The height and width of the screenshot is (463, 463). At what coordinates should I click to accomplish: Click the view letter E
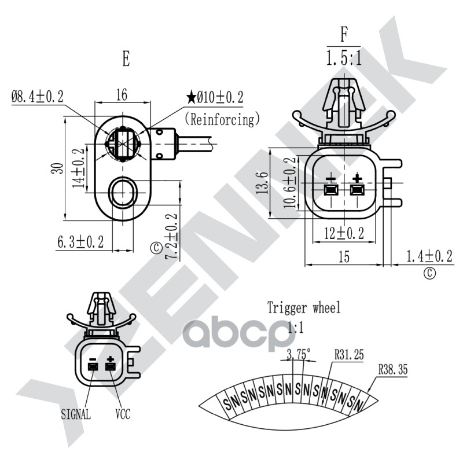click(x=126, y=59)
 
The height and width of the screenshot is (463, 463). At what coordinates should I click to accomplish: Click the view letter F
click(x=344, y=35)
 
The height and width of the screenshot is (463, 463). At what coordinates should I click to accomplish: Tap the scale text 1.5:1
click(x=344, y=57)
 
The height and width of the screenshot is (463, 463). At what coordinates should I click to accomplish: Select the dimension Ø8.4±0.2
click(x=38, y=97)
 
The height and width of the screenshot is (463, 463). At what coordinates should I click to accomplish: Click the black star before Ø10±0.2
click(x=192, y=97)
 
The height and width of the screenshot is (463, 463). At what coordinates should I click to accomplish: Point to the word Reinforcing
click(x=222, y=119)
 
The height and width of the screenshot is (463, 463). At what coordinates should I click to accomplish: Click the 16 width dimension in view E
click(x=122, y=95)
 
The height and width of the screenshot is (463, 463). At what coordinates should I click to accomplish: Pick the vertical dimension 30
click(x=57, y=168)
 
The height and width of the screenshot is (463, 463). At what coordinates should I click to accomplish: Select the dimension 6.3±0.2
click(x=80, y=242)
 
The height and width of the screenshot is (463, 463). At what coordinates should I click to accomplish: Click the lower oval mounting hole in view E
click(x=123, y=193)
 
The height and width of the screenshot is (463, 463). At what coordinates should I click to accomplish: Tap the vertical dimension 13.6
click(x=262, y=182)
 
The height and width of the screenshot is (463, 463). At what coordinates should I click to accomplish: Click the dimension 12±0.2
click(x=344, y=233)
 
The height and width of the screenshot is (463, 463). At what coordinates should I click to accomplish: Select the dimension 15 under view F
click(x=344, y=256)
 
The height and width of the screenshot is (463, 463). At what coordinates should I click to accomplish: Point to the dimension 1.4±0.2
click(x=429, y=256)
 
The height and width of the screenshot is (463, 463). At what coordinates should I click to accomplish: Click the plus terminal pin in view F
click(x=357, y=190)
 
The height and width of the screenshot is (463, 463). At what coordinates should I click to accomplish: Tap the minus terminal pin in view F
click(x=331, y=190)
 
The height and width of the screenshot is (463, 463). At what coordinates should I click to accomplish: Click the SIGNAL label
click(x=76, y=414)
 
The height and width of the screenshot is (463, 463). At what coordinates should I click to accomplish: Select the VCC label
click(x=123, y=414)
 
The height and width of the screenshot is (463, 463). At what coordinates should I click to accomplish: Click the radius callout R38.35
click(x=393, y=369)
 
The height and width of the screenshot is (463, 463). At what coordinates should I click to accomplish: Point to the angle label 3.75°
click(x=299, y=354)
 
